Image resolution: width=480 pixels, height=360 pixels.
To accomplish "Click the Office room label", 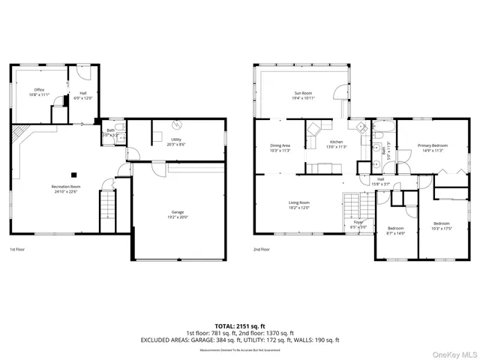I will (39, 92).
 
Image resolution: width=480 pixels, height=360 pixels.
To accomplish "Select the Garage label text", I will (178, 214).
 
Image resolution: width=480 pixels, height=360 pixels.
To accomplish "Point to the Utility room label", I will (176, 142).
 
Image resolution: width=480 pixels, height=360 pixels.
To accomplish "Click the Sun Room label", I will (303, 95).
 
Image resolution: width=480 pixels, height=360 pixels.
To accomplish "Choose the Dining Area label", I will (280, 148).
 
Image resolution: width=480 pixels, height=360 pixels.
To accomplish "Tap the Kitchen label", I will (337, 144).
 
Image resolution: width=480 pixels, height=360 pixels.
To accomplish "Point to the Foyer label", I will (358, 224).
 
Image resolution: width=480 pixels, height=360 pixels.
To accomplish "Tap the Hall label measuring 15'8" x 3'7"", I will (381, 181).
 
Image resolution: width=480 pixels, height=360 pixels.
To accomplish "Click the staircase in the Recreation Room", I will (109, 203).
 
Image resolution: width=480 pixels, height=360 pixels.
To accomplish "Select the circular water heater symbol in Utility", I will (177, 124).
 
